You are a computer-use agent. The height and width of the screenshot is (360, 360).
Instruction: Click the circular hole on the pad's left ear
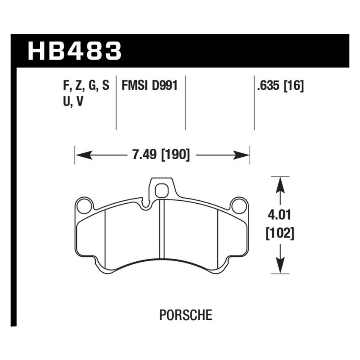[85, 207]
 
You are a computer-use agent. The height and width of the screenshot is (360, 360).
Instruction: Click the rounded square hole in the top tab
[161, 191]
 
